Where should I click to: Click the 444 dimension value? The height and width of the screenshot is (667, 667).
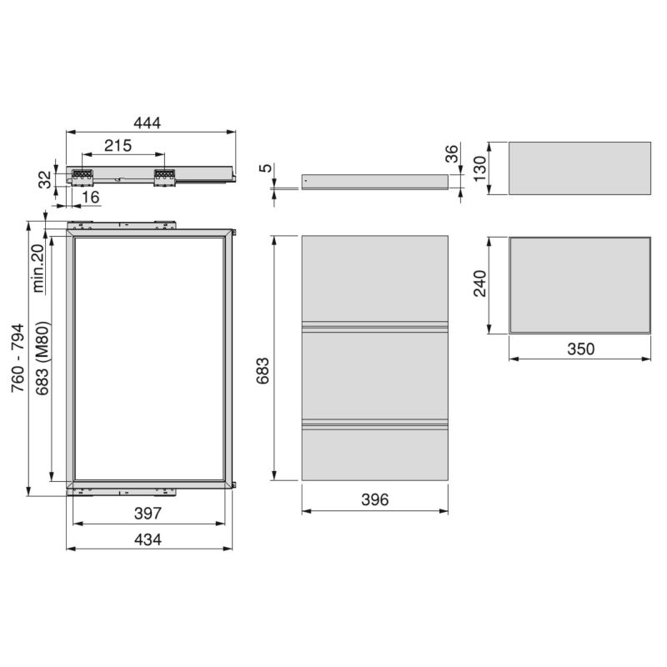point(148,123)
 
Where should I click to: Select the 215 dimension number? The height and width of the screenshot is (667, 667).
point(118,146)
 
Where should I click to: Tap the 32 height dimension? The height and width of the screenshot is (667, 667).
point(44,177)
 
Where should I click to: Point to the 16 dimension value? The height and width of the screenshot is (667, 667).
point(91,197)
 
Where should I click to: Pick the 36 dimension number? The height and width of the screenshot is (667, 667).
point(452,154)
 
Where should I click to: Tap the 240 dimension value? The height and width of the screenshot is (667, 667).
point(478,283)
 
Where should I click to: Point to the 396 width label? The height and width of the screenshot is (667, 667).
point(374,499)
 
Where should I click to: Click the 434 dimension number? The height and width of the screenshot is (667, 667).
point(148,539)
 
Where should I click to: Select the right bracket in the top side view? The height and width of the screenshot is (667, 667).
point(163,176)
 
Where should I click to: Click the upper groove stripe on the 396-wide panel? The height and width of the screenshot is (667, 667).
point(374,324)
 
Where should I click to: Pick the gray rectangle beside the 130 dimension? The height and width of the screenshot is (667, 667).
point(579,168)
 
